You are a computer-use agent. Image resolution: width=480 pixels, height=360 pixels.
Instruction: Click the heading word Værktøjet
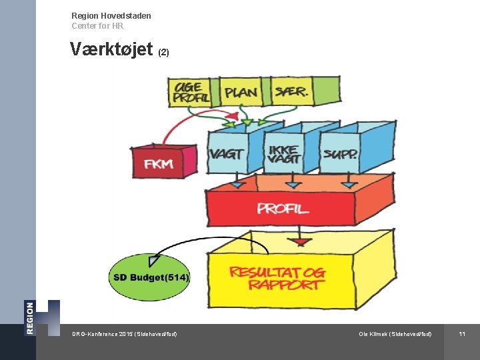(x=111, y=50)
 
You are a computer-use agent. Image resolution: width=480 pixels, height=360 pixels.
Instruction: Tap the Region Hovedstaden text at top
(x=111, y=15)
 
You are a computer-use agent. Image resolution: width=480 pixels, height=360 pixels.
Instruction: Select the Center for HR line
(x=97, y=26)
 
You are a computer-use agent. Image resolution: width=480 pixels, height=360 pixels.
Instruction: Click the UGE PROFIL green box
(x=191, y=92)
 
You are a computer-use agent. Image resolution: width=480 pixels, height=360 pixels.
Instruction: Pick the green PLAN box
(x=241, y=92)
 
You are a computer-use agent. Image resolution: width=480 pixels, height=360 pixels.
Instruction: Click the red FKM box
(x=160, y=162)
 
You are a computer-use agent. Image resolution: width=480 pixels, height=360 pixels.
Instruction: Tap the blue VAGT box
(x=226, y=154)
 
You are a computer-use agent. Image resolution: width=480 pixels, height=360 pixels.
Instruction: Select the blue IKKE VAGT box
(x=283, y=154)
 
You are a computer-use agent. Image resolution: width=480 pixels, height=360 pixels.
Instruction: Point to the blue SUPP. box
(x=340, y=154)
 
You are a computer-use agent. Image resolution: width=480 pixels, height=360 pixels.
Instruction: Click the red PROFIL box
(x=283, y=208)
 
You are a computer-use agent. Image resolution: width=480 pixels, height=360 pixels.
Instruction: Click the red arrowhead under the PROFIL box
(x=302, y=239)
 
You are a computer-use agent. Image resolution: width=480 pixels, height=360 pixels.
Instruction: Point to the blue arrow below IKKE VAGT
(x=293, y=183)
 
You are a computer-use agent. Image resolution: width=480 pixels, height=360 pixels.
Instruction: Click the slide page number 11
(x=461, y=333)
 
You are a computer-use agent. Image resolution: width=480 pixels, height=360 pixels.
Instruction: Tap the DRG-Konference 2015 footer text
(x=125, y=333)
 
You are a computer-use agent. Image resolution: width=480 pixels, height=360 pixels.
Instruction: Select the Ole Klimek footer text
(x=395, y=333)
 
